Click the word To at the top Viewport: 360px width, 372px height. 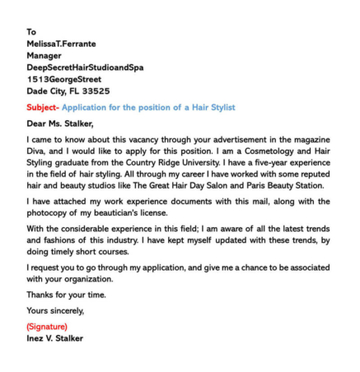[31, 32]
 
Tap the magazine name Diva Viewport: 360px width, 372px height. [39, 152]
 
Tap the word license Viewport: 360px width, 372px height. [186, 214]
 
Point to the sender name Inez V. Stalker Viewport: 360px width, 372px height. [54, 338]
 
